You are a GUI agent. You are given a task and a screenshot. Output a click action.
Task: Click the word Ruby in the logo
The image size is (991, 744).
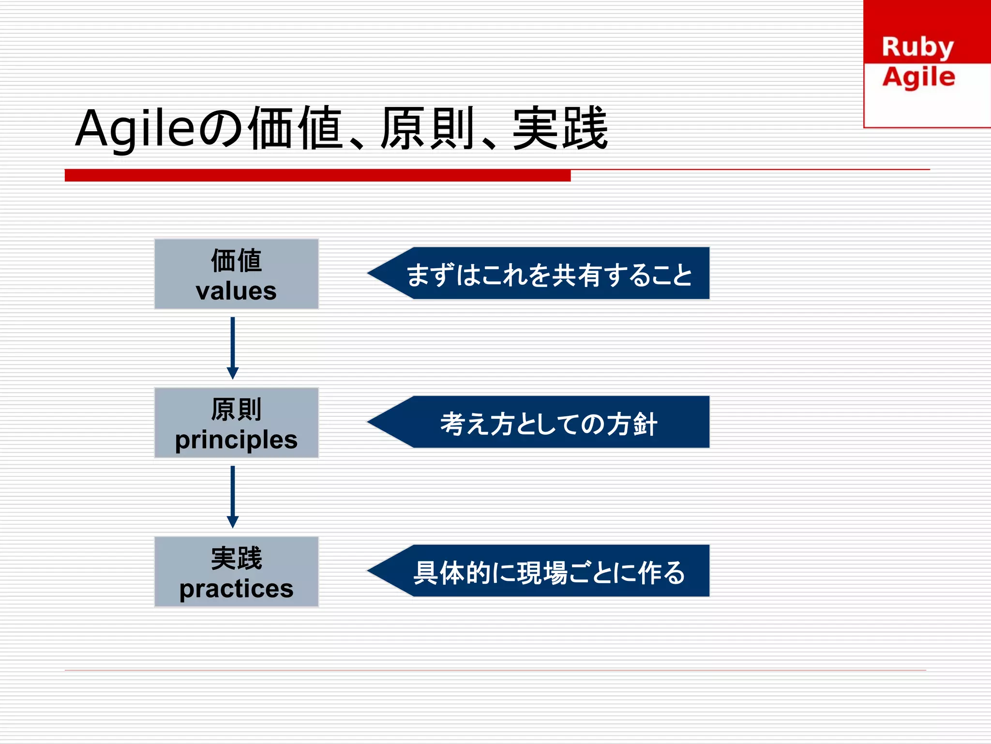917,47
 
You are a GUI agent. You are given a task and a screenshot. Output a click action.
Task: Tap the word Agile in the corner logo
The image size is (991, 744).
918,77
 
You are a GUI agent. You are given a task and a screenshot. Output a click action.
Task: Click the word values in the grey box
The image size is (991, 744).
236,291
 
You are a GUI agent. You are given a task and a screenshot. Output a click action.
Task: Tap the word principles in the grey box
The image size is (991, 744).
236,440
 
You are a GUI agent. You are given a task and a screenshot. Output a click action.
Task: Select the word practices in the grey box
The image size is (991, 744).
236,589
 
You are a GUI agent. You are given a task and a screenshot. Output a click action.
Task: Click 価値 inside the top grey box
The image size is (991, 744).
236,260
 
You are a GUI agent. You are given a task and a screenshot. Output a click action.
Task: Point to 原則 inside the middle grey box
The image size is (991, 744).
236,410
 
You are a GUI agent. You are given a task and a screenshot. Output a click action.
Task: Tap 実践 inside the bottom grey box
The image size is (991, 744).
236,558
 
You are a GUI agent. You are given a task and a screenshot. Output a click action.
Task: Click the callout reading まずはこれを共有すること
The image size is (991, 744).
549,274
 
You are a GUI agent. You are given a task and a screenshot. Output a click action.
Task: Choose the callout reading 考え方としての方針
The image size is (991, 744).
549,423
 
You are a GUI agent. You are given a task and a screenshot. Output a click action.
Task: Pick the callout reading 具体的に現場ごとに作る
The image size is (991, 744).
549,572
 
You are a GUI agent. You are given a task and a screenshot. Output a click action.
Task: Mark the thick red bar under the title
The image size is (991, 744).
317,175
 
